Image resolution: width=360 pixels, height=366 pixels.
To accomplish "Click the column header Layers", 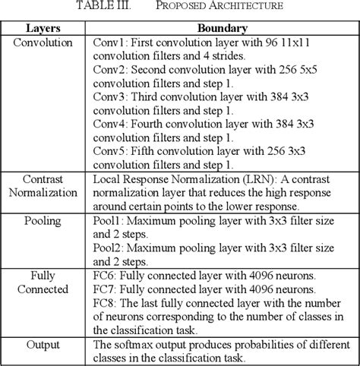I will [x=45, y=28].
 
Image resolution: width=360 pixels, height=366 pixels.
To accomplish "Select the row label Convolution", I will [x=45, y=43].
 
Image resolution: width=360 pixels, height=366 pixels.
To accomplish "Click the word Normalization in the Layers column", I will [x=45, y=194].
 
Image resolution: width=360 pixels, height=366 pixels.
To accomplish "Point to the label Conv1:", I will [x=110, y=43].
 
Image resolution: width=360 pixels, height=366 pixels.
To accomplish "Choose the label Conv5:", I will [x=110, y=152].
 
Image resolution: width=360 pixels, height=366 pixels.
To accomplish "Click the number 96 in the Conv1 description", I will [x=276, y=43].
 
